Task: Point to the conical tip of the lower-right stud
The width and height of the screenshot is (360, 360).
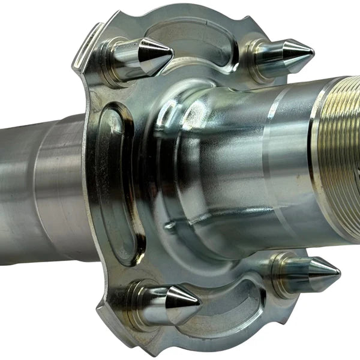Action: click(323, 268)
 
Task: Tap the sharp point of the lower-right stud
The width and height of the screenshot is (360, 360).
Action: click(339, 268)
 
